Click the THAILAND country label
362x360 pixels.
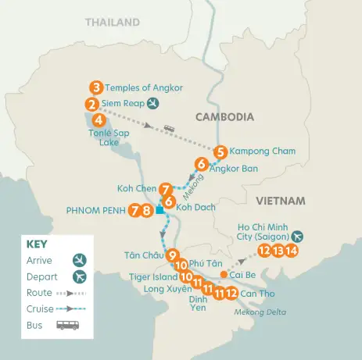coord(112,23)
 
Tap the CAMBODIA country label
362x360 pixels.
coord(224,116)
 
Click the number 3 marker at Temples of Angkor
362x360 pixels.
coord(96,87)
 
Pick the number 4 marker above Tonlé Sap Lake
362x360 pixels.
coord(98,120)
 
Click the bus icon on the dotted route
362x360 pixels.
coord(169,128)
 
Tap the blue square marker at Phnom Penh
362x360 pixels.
coord(159,210)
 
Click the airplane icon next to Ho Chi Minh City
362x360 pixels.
coord(297,234)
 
